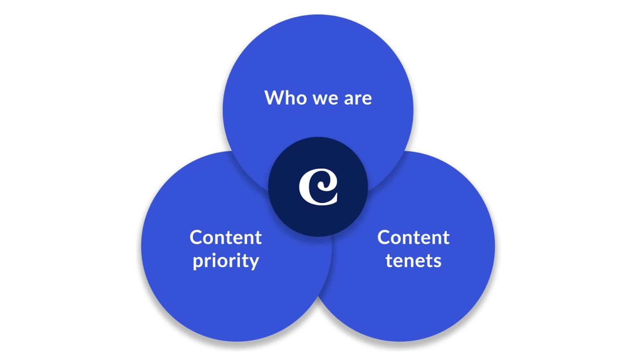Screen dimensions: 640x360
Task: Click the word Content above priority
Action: tap(226, 238)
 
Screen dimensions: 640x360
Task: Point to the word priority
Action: tap(226, 261)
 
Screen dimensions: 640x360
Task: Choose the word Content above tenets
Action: tap(413, 238)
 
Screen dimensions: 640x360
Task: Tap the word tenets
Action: tap(413, 261)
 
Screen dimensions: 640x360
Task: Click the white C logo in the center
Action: tap(318, 187)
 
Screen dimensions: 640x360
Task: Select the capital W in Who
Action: tap(273, 98)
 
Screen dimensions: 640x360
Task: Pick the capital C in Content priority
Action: tap(196, 238)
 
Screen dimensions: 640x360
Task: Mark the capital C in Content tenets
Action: tap(384, 238)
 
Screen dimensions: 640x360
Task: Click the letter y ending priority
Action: tap(254, 262)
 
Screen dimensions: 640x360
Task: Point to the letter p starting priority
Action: tap(198, 262)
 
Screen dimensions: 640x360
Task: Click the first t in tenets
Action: tap(389, 261)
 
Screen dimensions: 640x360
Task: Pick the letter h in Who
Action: tap(290, 98)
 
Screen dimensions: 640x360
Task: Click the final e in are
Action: tap(367, 99)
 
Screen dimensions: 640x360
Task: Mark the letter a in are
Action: tap(348, 99)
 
